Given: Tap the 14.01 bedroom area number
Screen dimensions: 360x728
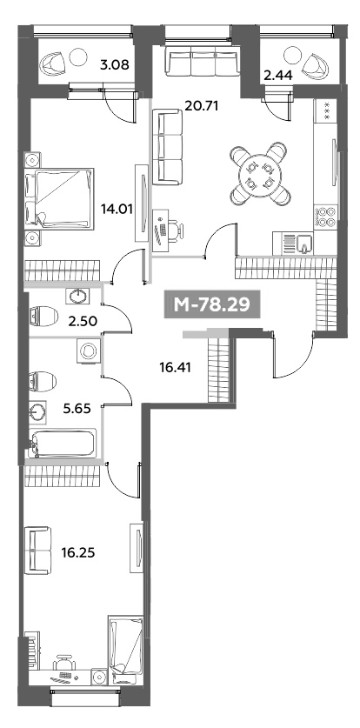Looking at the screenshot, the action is [117, 210].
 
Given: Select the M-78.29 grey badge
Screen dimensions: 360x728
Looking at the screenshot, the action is [211, 305].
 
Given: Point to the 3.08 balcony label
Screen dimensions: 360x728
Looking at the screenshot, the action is [114, 64].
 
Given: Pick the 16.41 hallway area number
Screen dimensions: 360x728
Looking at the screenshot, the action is [175, 368].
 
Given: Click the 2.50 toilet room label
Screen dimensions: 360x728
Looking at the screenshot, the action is [83, 321].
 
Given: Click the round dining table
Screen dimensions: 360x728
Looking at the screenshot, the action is [259, 174].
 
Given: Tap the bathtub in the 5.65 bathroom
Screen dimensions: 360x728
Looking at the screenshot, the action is [63, 444].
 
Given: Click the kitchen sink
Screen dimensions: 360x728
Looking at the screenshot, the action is [303, 243].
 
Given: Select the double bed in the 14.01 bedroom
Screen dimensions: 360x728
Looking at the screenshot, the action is [59, 199].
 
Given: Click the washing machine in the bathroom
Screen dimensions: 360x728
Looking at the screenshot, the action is [87, 351].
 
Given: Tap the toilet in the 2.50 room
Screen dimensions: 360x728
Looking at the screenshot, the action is [43, 317].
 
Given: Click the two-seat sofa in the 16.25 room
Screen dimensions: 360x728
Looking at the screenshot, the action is [37, 551].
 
